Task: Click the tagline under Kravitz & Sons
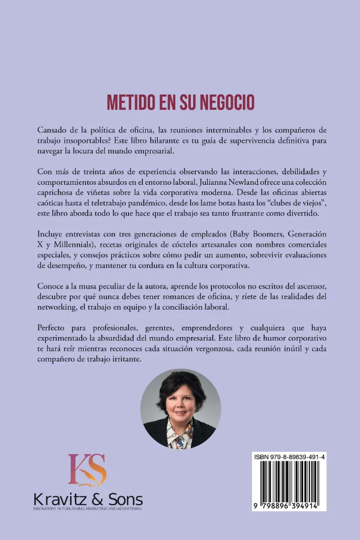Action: [87, 509]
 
